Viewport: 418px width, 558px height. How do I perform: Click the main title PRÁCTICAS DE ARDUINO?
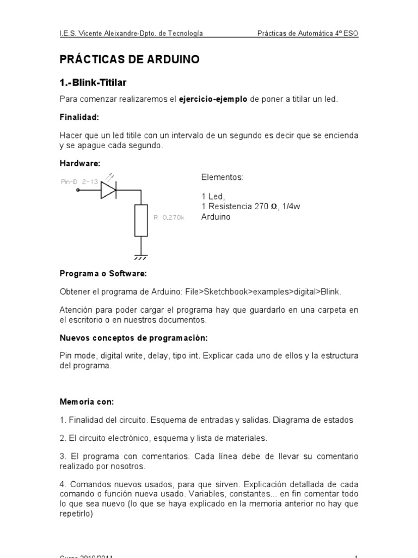pos(129,59)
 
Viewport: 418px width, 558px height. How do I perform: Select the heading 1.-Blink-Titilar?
pos(93,82)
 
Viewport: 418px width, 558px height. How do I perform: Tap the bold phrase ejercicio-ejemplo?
pos(213,99)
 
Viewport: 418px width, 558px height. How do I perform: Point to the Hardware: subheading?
pos(80,163)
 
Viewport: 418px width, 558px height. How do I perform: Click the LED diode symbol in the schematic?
pos(108,190)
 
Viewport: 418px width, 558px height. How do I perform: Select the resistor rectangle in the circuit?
pos(142,220)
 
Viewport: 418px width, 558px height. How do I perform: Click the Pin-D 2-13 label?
pos(79,181)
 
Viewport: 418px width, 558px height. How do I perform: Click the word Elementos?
pos(222,178)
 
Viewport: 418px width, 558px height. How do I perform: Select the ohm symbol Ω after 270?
pos(274,207)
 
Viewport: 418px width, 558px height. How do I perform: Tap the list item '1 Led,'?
pos(213,196)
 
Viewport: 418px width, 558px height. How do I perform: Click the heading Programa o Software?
pos(103,273)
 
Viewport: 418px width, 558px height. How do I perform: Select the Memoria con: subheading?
pos(87,402)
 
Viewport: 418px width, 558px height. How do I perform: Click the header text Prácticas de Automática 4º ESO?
pos(308,34)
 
